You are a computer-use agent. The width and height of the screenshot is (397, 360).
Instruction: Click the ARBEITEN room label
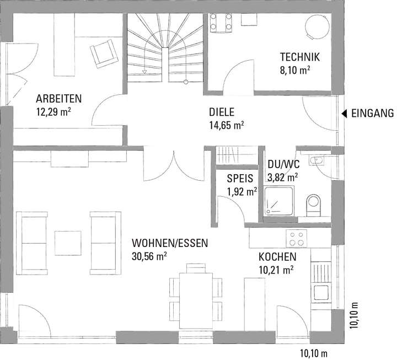(59, 99)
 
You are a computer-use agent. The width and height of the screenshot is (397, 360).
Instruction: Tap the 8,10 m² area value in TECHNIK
(296, 70)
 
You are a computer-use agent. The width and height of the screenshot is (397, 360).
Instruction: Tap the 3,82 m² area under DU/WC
(282, 177)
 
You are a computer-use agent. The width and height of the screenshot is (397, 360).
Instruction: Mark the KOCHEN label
(277, 257)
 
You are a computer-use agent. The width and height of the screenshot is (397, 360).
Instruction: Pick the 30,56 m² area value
(149, 256)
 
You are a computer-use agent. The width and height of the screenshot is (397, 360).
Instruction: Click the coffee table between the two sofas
(68, 241)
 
